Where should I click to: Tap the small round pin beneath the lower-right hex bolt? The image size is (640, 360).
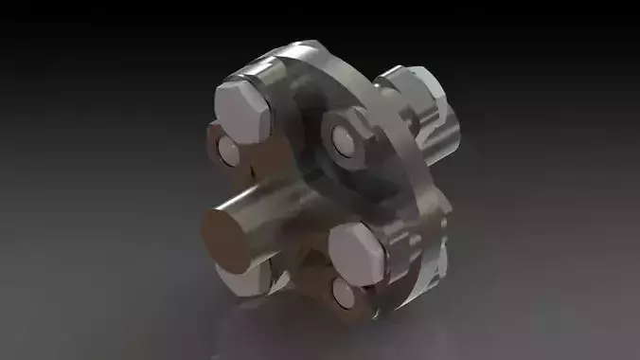pos(347,295)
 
